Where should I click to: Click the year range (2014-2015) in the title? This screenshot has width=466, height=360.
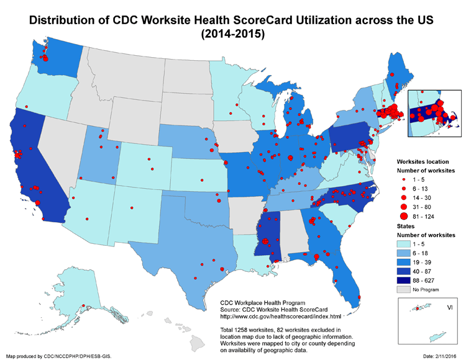(233, 35)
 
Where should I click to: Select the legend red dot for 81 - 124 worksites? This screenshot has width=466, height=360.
(403, 216)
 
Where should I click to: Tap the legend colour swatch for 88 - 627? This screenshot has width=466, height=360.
(405, 280)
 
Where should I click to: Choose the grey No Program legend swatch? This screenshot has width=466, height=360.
(405, 289)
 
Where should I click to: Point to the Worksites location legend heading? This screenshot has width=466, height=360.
(422, 161)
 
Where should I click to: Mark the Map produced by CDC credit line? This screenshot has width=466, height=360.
(58, 356)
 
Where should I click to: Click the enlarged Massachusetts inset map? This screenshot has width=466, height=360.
(434, 115)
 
